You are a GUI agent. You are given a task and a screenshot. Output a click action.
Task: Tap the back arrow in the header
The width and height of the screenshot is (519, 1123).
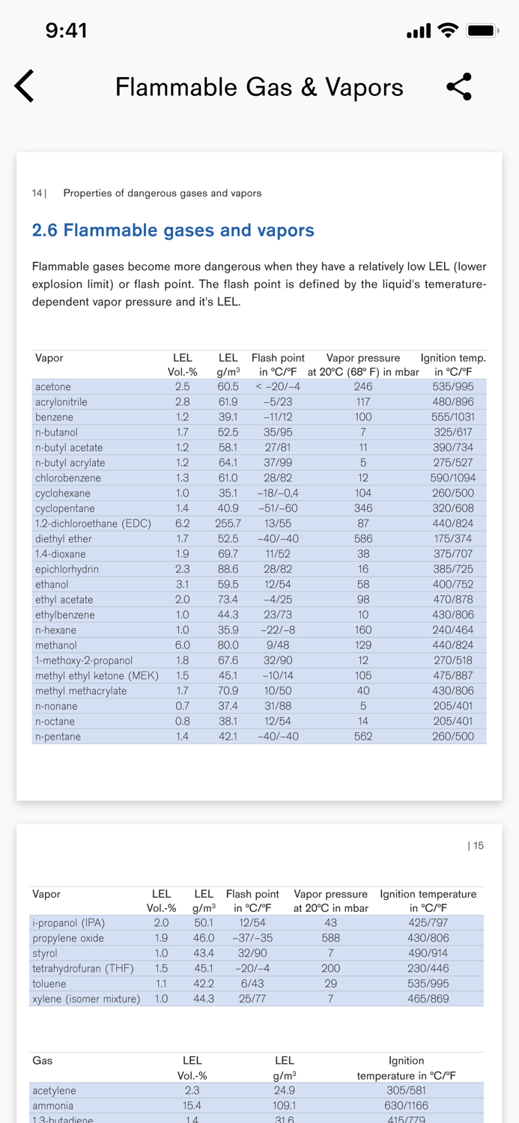(x=25, y=86)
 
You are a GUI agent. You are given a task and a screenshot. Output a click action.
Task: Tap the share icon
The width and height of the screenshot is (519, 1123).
(x=459, y=87)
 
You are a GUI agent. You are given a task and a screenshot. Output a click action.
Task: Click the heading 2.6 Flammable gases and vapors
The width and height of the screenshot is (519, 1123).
(x=173, y=230)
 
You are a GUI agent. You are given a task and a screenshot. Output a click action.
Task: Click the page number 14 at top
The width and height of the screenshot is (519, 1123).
(x=37, y=193)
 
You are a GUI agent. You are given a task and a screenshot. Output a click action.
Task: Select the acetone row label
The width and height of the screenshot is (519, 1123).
(x=53, y=387)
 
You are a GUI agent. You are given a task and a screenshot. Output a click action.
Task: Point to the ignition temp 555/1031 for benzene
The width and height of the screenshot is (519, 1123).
(x=453, y=417)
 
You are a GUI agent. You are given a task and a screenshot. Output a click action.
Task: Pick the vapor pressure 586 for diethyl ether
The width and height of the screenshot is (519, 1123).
(x=363, y=538)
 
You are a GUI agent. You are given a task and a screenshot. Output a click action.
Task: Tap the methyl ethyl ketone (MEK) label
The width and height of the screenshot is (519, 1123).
(x=97, y=675)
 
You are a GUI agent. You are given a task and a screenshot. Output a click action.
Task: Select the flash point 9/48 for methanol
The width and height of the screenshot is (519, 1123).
(x=278, y=645)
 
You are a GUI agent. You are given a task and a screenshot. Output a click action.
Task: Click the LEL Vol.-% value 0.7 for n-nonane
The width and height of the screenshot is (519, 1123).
(x=182, y=706)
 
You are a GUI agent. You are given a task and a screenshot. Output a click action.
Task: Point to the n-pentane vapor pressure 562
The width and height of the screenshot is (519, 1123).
(x=363, y=736)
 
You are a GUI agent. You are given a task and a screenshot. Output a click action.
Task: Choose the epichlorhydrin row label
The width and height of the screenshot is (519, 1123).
(x=67, y=569)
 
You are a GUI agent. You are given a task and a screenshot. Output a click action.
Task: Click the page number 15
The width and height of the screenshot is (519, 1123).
(x=476, y=846)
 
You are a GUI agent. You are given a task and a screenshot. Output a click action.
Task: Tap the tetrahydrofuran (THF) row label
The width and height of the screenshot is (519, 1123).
(x=83, y=968)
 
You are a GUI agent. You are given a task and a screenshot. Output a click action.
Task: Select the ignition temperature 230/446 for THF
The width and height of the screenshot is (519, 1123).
(x=428, y=968)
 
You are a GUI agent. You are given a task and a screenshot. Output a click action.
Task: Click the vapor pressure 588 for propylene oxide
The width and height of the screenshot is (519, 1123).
(x=330, y=938)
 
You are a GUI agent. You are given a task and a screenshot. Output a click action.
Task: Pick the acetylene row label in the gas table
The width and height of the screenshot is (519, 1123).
(x=54, y=1090)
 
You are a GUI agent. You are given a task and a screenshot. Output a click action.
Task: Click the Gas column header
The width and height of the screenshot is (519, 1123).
(x=42, y=1060)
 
